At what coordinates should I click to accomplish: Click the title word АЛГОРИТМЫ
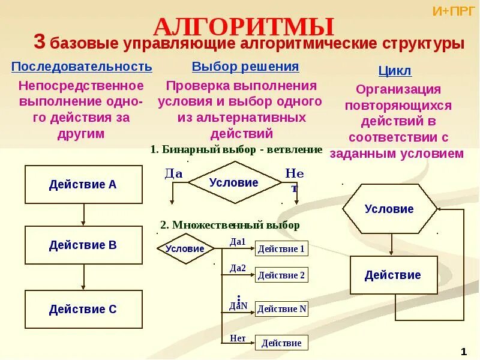click(x=244, y=27)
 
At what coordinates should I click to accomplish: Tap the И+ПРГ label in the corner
click(x=454, y=10)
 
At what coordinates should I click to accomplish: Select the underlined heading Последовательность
click(x=82, y=66)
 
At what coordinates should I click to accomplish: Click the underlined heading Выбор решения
click(x=245, y=67)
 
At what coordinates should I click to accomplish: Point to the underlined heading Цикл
click(x=395, y=71)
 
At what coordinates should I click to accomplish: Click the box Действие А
click(x=83, y=185)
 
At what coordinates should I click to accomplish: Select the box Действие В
click(x=83, y=245)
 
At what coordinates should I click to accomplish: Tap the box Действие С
click(x=83, y=310)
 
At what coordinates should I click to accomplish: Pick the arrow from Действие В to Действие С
click(x=83, y=277)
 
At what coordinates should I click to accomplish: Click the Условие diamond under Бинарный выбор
click(x=234, y=183)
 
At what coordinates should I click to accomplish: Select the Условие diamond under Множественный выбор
click(x=185, y=248)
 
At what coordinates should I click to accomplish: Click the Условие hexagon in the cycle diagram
click(x=389, y=209)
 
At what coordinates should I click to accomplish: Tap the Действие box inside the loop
click(x=393, y=275)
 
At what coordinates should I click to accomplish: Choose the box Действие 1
click(x=281, y=249)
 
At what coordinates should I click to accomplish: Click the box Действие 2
click(x=281, y=275)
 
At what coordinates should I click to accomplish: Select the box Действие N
click(x=281, y=309)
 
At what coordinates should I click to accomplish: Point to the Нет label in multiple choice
click(x=238, y=338)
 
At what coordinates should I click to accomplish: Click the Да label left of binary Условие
click(x=173, y=173)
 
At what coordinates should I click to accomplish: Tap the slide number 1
click(x=464, y=351)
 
